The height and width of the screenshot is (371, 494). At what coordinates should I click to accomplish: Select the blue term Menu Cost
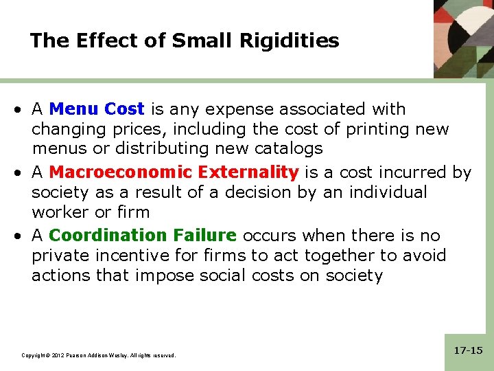pyautogui.click(x=97, y=109)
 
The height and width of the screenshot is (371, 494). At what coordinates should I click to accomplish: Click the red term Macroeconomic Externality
pyautogui.click(x=174, y=172)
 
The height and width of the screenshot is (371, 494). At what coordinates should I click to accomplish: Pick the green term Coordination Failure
pyautogui.click(x=143, y=236)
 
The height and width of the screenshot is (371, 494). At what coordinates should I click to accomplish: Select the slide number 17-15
pyautogui.click(x=469, y=350)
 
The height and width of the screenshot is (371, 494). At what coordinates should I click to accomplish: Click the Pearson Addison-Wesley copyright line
pyautogui.click(x=98, y=355)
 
